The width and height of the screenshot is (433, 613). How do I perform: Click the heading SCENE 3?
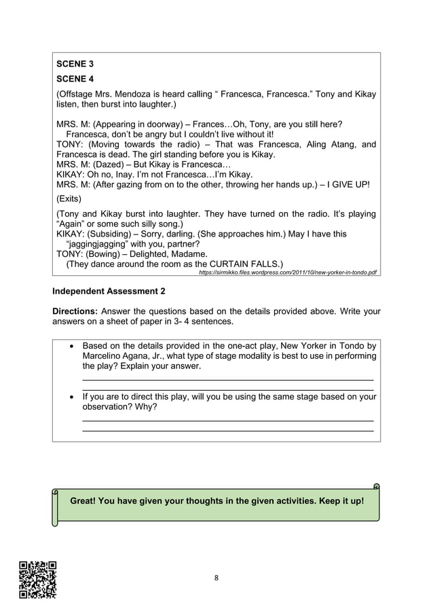click(x=75, y=64)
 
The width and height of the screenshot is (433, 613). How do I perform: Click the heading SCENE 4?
click(x=75, y=79)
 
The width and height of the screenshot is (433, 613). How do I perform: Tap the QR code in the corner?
click(x=37, y=580)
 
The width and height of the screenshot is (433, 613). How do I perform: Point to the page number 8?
click(x=216, y=578)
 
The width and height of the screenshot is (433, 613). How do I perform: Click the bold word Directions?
click(x=75, y=311)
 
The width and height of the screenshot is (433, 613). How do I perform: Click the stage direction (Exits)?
click(x=69, y=199)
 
